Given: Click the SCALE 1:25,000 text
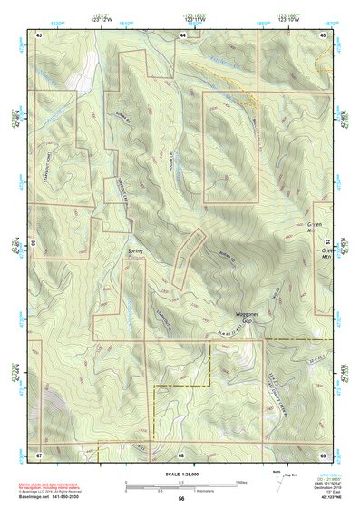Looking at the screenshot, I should tap(180, 474).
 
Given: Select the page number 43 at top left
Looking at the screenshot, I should tap(39, 34).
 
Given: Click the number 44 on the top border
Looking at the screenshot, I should tap(182, 34).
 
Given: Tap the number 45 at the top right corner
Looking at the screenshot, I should tap(324, 34).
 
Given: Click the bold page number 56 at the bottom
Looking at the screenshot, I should tap(181, 499).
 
